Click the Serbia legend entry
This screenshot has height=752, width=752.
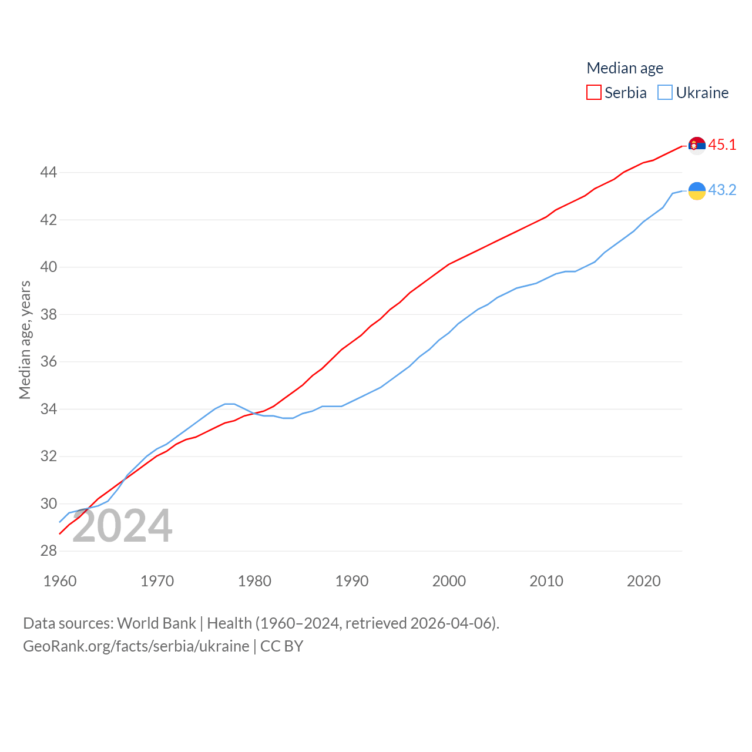[x=617, y=93]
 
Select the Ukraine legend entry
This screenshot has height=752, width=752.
[x=693, y=93]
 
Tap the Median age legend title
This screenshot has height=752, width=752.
[x=625, y=68]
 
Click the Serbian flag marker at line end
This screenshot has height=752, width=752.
[x=697, y=145]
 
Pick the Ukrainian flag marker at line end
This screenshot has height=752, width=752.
[x=697, y=190]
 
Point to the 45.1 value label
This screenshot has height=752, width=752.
[x=722, y=145]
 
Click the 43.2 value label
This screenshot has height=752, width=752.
[x=722, y=190]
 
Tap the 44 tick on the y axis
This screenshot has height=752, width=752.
[x=48, y=172]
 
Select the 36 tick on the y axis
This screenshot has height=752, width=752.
[x=48, y=361]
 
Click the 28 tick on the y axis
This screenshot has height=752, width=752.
[x=48, y=550]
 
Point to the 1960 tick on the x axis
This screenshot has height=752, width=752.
[x=60, y=581]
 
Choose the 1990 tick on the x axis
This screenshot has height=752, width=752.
[x=352, y=581]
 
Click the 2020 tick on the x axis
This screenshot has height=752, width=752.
[x=644, y=581]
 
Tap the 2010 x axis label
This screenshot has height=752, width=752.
[x=546, y=581]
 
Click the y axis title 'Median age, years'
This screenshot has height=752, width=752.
[x=25, y=340]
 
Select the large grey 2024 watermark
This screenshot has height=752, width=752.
[x=122, y=526]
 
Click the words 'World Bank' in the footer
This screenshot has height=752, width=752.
[x=156, y=623]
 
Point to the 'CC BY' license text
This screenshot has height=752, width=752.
[x=282, y=646]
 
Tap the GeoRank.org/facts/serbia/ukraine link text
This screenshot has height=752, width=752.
[x=136, y=646]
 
